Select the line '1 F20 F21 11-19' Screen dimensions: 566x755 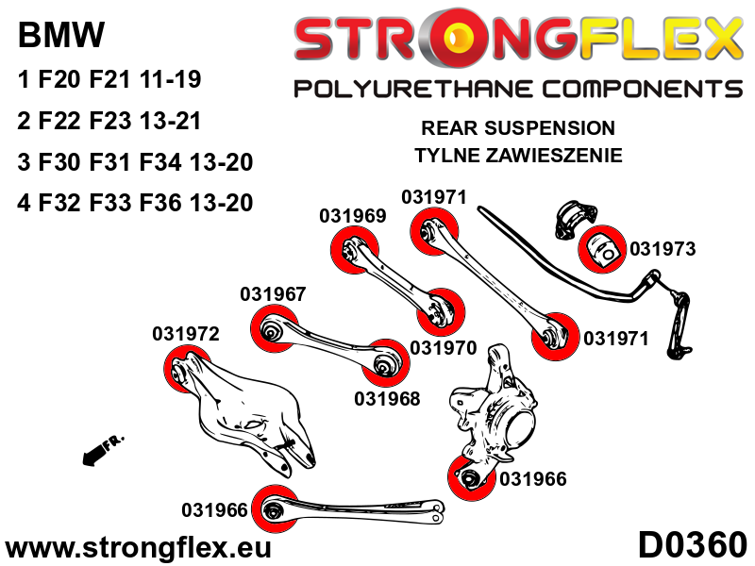pyautogui.click(x=109, y=80)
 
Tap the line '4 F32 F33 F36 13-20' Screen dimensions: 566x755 pyautogui.click(x=135, y=203)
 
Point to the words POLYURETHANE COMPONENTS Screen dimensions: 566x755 pyautogui.click(x=518, y=90)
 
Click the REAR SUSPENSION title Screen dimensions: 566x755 pyautogui.click(x=517, y=127)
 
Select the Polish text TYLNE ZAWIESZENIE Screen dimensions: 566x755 pyautogui.click(x=517, y=156)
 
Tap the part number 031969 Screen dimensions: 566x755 pyautogui.click(x=352, y=216)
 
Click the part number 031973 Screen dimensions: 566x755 pyautogui.click(x=663, y=249)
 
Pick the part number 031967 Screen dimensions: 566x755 pyautogui.click(x=273, y=293)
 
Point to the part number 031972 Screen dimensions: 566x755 pyautogui.click(x=186, y=334)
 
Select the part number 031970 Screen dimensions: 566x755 pyautogui.click(x=443, y=347)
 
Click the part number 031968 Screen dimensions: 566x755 pyautogui.click(x=387, y=398)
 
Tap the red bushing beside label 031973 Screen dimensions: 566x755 pyautogui.click(x=602, y=246)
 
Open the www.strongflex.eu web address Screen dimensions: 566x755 pyautogui.click(x=138, y=547)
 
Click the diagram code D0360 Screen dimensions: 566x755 pyautogui.click(x=692, y=545)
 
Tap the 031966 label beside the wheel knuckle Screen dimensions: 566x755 pyautogui.click(x=532, y=479)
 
